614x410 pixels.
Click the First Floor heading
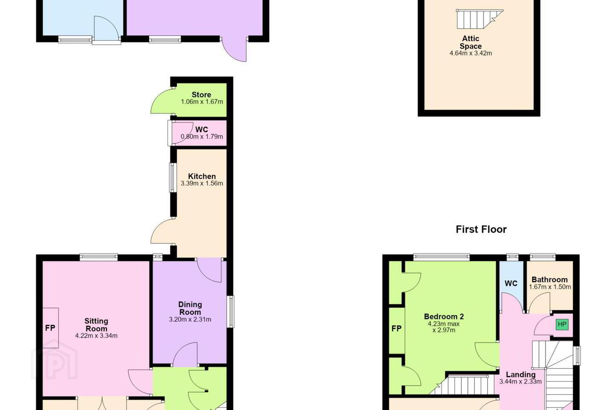coord(481,229)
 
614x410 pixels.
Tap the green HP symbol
coord(562,325)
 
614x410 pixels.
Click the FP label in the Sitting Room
coord(50,328)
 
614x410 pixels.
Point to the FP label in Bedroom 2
coord(397,328)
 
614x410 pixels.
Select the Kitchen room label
coord(202,176)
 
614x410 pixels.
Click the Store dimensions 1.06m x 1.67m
coord(202,102)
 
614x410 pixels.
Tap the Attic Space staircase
coord(479,19)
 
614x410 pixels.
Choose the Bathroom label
coord(550,280)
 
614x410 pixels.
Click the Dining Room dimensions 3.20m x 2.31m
coord(190,319)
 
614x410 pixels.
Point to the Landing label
coord(521,375)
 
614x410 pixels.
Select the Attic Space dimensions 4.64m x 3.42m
coord(471,53)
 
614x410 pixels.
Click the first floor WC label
coord(511,284)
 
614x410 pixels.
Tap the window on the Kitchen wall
coord(172,178)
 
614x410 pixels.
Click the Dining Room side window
coord(231,312)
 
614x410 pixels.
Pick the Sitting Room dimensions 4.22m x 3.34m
coord(96,336)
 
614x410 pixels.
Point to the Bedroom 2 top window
coord(441,257)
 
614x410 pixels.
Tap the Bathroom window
coord(543,257)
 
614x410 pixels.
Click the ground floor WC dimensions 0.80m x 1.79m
coord(202,137)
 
